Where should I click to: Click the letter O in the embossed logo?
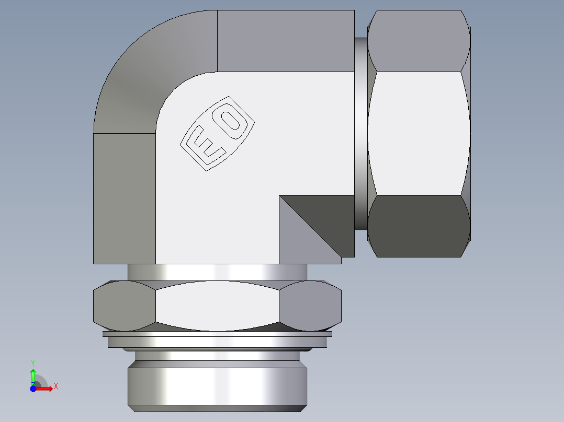pyautogui.click(x=232, y=121)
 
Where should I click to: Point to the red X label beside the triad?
pyautogui.click(x=55, y=386)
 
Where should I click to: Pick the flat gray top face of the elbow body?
pyautogui.click(x=285, y=41)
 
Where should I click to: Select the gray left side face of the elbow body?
pyautogui.click(x=124, y=198)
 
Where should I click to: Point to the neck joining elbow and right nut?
pyautogui.click(x=360, y=133)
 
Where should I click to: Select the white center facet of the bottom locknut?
pyautogui.click(x=217, y=306)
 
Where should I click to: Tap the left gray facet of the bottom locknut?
pyautogui.click(x=124, y=306)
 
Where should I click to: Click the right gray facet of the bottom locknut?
pyautogui.click(x=310, y=306)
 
